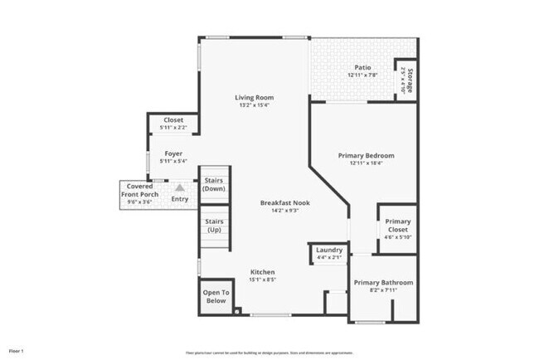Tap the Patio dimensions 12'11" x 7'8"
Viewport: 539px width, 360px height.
(x=362, y=75)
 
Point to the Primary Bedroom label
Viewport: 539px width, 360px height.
(x=366, y=155)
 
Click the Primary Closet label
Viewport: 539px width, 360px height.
(x=398, y=221)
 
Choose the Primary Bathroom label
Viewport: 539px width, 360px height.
(x=383, y=283)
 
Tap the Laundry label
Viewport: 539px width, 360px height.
(x=329, y=250)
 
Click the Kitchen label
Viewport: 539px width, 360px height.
(x=263, y=272)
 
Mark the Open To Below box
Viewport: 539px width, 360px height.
(x=215, y=296)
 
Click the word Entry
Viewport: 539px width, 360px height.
(x=179, y=199)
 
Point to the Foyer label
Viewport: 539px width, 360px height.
(x=172, y=153)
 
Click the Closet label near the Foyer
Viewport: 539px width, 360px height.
(x=173, y=119)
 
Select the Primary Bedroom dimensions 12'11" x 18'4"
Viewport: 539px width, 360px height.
(x=366, y=163)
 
